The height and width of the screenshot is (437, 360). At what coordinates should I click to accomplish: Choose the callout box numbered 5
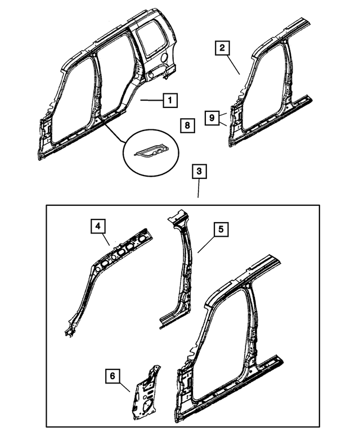coord(220,229)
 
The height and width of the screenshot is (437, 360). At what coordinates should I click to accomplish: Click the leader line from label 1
coord(151,101)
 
